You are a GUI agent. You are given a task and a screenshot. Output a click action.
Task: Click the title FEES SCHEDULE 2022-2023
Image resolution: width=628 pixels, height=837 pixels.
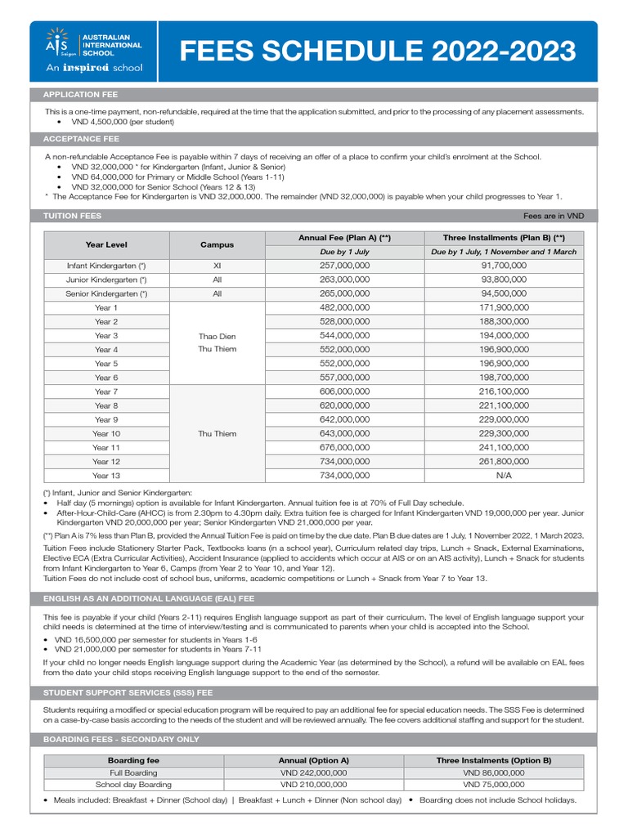coord(377,51)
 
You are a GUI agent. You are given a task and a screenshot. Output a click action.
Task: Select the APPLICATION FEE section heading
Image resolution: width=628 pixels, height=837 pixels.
coord(81,95)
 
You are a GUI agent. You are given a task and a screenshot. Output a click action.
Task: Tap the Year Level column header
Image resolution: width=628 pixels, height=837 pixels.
coord(106,244)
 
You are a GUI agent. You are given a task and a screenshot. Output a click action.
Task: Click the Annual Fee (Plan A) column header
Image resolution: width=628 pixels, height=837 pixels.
coord(344,238)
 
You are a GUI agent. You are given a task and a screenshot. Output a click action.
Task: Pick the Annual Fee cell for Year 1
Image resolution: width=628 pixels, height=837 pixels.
coord(344,307)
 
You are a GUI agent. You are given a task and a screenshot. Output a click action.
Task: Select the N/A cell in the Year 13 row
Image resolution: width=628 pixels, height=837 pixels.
coord(504,475)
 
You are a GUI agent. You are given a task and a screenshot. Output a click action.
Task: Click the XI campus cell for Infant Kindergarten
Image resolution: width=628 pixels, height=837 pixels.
coord(217,266)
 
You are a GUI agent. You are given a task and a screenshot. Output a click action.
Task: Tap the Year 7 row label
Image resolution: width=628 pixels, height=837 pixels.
coord(106,392)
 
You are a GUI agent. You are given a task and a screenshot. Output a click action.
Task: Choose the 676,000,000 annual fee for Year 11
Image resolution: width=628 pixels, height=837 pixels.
coord(344,447)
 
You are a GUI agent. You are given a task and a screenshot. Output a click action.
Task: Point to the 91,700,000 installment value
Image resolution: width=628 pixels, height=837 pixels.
coord(504,266)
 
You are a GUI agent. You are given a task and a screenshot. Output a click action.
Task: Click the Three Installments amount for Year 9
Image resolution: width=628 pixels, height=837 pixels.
coord(504,419)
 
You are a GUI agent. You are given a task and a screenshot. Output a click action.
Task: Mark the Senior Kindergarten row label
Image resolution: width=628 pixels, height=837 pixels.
coord(106,293)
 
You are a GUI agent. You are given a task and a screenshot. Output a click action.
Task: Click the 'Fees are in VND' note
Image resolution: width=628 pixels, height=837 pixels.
coord(554,217)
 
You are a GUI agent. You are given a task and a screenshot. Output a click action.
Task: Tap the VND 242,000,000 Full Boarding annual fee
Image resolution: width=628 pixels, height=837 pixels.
coord(313,772)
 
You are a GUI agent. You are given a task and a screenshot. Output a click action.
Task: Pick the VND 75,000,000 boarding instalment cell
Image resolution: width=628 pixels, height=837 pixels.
coord(493,785)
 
